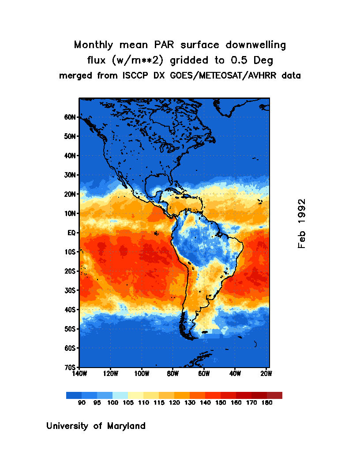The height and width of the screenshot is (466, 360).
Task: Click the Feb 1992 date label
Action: (302, 223)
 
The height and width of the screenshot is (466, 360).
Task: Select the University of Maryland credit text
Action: (96, 426)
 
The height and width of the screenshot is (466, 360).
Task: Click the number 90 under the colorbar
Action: (82, 403)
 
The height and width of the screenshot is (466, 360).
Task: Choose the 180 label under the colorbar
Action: (267, 403)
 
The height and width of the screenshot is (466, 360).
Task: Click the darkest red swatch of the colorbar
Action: (274, 395)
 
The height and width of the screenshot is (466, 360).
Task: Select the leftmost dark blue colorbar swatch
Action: (74, 395)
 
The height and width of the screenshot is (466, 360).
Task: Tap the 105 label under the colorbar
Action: (128, 403)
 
